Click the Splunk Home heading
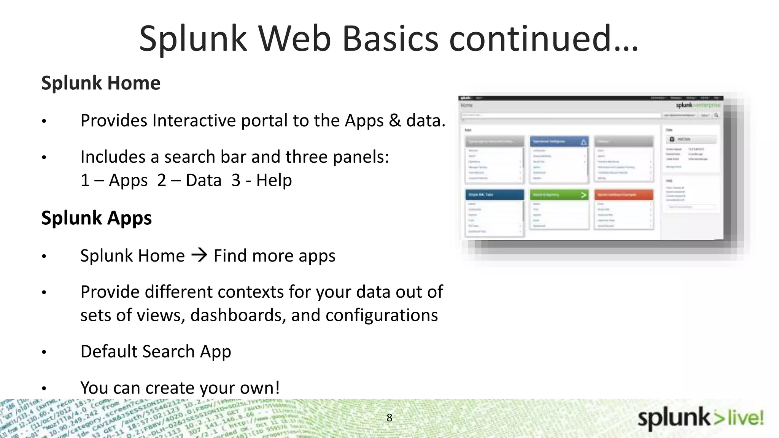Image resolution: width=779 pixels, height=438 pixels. [101, 83]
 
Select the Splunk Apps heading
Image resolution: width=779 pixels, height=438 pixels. [96, 218]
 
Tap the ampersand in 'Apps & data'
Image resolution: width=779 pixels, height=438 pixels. [395, 121]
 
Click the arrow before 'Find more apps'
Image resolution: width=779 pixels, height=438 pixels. [199, 255]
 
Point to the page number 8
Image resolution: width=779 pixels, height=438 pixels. [389, 417]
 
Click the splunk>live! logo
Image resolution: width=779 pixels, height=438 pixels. [700, 419]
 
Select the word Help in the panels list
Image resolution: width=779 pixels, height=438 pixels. [274, 180]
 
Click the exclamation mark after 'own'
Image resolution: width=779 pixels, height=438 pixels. [277, 388]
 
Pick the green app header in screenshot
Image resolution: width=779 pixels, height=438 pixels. [559, 195]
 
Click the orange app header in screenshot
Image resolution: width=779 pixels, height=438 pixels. [623, 195]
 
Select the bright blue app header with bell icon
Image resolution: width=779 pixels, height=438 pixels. [559, 141]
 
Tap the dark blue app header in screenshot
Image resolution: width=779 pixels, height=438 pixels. [494, 195]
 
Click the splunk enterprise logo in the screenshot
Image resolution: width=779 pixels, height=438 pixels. [697, 105]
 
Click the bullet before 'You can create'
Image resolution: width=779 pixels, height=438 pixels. [44, 389]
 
